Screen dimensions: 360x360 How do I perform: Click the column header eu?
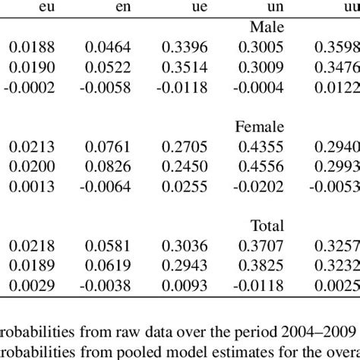pos(31,9)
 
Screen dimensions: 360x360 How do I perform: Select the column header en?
pos(112,9)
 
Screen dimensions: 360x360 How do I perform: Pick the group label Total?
pos(267,226)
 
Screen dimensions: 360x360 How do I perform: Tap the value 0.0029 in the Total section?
pos(27,283)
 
